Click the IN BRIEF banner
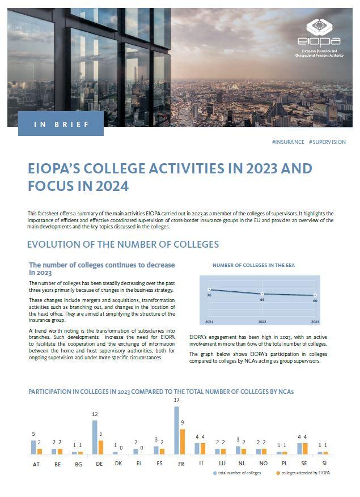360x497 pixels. pos(61,124)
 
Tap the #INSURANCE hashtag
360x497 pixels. pos(288,142)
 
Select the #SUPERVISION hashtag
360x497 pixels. pos(327,142)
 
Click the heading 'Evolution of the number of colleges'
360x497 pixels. pos(123,244)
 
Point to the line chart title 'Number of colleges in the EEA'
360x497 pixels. pos(253,265)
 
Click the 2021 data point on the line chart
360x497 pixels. pos(209,290)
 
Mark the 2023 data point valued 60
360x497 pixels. pos(315,296)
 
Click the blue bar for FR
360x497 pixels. pos(176,430)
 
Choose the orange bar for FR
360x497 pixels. pos(183,441)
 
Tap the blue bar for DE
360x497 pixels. pos(95,437)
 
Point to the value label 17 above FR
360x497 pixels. pos(176,401)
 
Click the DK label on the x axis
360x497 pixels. pos(118,463)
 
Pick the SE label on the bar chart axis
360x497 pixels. pos(302,463)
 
